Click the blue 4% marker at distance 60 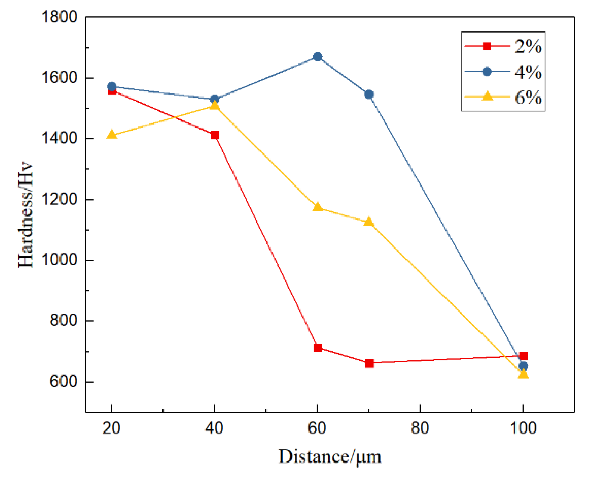[317, 57]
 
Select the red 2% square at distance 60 [318, 347]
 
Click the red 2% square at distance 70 [369, 363]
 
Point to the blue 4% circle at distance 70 [369, 95]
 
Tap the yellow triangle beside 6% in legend [487, 96]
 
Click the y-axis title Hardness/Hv [25, 215]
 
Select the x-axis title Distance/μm [329, 457]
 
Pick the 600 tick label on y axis [63, 381]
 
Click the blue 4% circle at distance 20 [111, 87]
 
